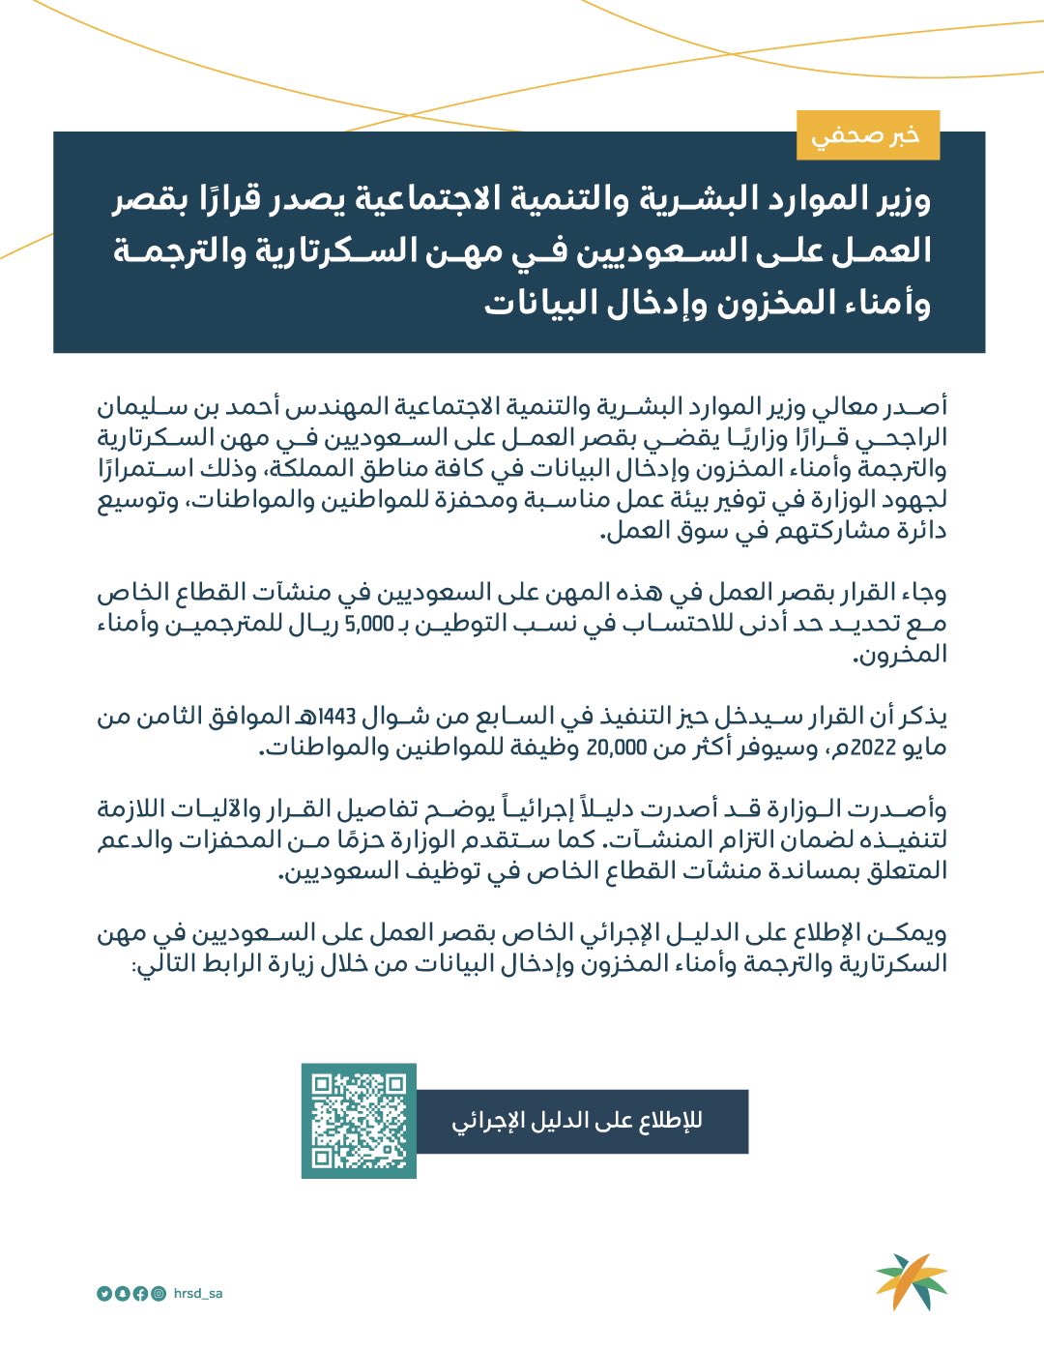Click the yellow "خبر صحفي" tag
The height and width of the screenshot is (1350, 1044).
867,135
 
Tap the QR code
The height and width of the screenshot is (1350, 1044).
359,1121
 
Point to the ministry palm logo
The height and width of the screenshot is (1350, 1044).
911,1281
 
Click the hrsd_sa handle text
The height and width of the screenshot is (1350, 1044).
198,1293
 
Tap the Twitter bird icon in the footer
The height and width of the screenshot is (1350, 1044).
103,1294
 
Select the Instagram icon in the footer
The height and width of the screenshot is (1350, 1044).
159,1294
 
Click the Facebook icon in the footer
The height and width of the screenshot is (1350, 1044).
140,1294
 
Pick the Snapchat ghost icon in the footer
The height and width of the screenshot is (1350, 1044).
122,1294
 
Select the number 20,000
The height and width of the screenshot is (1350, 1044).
615,748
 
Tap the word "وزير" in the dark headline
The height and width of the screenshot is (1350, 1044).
899,200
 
